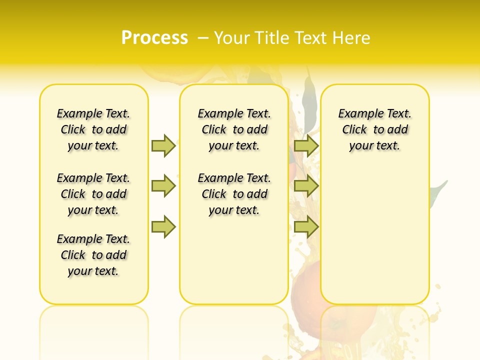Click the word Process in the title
tap(154, 38)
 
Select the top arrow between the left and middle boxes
tap(163, 145)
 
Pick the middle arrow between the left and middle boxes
tap(163, 186)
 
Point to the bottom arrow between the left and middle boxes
tap(163, 227)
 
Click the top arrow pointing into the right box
tap(306, 145)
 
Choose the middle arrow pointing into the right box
tap(306, 186)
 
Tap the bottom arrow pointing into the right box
tap(306, 227)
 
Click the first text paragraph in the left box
tap(93, 129)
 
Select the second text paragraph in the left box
tap(93, 194)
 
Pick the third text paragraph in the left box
tap(93, 255)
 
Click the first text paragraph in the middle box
tap(234, 129)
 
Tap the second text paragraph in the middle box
tap(234, 194)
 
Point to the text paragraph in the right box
tap(374, 129)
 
